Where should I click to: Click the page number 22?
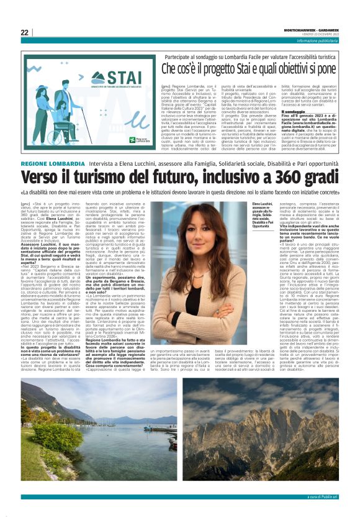click(x=24, y=32)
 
